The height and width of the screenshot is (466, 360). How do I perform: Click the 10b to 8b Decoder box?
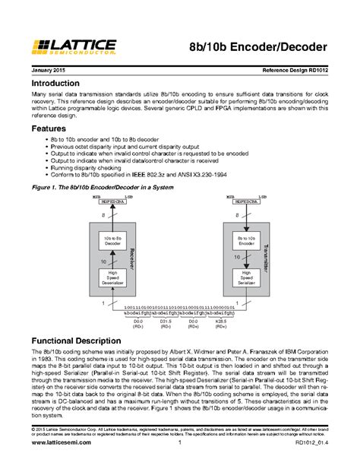(112, 241)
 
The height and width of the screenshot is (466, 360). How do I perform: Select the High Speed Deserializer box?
(112, 279)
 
